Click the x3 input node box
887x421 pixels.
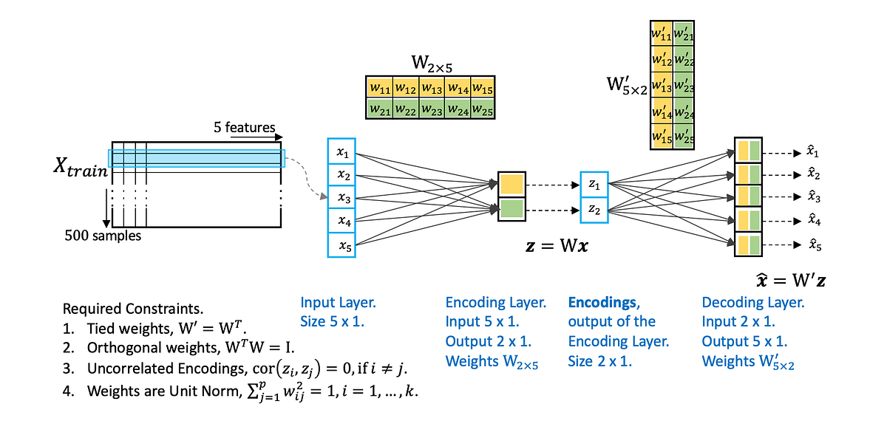point(341,198)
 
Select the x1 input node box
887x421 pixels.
point(341,153)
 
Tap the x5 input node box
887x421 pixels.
point(341,245)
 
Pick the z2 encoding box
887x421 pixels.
point(594,209)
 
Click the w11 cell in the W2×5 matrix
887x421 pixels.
point(379,88)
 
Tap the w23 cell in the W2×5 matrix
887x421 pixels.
point(431,109)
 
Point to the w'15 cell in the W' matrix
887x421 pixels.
point(662,137)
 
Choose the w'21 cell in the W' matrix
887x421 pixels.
point(684,34)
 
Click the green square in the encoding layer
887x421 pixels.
point(511,209)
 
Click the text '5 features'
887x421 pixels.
point(245,128)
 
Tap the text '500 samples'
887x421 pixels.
point(102,236)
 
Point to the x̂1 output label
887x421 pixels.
point(812,153)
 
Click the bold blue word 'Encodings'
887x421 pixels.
point(602,302)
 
